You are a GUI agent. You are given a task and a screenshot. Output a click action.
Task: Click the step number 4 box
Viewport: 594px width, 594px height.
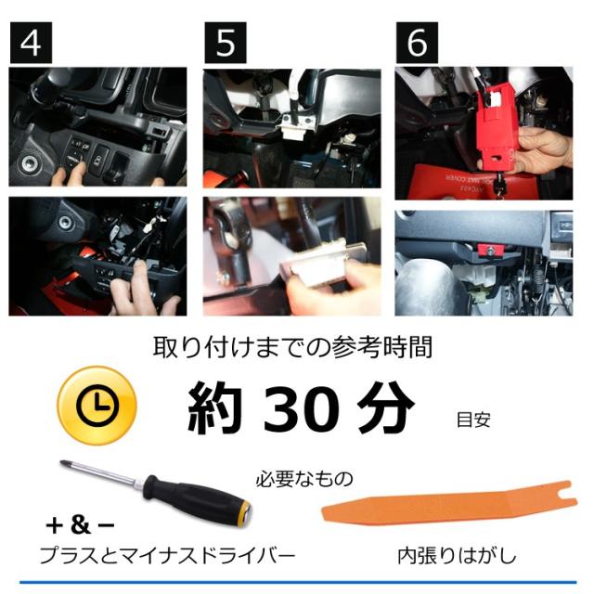(31, 43)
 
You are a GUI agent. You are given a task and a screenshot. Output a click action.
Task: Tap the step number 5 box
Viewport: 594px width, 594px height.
(226, 43)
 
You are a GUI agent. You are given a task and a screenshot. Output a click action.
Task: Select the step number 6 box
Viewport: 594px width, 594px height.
(417, 43)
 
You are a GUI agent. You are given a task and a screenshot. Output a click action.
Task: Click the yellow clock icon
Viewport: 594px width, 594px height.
(97, 406)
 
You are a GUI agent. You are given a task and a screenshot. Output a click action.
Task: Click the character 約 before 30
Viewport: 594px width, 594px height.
(214, 408)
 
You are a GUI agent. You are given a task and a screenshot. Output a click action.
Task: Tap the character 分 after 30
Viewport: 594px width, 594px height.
(386, 408)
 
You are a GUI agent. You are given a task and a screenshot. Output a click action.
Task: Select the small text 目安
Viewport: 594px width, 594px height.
(473, 420)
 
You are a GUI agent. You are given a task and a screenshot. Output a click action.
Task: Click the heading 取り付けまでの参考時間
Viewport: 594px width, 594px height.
(292, 347)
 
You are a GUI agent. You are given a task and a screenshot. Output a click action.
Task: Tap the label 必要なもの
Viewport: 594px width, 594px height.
(304, 479)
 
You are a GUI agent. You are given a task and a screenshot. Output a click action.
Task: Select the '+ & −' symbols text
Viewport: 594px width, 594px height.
(80, 525)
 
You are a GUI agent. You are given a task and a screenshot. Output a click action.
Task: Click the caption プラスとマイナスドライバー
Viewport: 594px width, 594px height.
(167, 556)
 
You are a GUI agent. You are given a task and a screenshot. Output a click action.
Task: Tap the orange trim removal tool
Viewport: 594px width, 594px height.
(449, 505)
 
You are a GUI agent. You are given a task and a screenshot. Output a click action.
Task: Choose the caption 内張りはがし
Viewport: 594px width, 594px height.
(458, 556)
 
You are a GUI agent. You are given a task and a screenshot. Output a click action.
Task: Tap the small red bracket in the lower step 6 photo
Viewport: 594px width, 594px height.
(491, 250)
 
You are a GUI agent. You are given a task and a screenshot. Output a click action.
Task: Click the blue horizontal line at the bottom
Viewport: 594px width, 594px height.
(298, 582)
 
